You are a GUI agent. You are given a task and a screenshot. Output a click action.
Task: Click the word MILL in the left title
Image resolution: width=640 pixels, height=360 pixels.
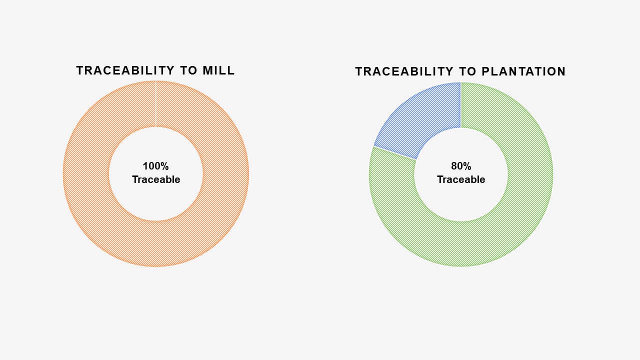(218, 70)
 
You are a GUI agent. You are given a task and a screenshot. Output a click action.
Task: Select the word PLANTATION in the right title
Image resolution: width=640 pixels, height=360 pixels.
(523, 71)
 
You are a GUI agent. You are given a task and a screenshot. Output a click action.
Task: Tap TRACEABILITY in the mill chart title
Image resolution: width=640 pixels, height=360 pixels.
(125, 70)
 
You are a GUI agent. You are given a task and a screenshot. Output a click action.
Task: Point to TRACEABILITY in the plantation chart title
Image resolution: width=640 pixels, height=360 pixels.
(404, 71)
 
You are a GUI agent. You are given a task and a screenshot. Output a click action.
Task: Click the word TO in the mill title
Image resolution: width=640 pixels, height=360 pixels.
(188, 70)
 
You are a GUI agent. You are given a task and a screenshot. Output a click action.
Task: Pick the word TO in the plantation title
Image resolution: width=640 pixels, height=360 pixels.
(467, 71)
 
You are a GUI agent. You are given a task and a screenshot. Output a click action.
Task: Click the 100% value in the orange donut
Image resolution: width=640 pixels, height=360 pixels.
(155, 166)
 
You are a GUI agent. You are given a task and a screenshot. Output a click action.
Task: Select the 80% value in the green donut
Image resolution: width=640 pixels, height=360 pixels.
(461, 166)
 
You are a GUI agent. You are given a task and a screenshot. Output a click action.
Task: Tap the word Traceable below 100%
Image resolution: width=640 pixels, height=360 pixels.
(156, 179)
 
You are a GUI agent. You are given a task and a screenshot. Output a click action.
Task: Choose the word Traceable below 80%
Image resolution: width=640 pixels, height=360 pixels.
(461, 179)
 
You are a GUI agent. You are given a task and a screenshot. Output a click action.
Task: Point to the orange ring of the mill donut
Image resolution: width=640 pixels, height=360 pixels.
(85, 173)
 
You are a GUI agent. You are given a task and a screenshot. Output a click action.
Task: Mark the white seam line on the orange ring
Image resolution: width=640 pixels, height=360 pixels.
(155, 103)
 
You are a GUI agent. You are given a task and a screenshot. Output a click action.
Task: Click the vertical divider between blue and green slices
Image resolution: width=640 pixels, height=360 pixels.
(461, 105)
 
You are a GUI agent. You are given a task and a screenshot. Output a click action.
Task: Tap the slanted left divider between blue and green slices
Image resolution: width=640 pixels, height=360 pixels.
(395, 153)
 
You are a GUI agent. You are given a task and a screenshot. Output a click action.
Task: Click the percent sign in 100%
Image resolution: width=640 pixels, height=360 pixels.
(164, 166)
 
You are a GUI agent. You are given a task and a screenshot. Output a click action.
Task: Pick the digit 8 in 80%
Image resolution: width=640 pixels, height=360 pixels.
(454, 166)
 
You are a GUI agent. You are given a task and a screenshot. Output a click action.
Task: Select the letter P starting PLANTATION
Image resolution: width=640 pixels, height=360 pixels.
(485, 71)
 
